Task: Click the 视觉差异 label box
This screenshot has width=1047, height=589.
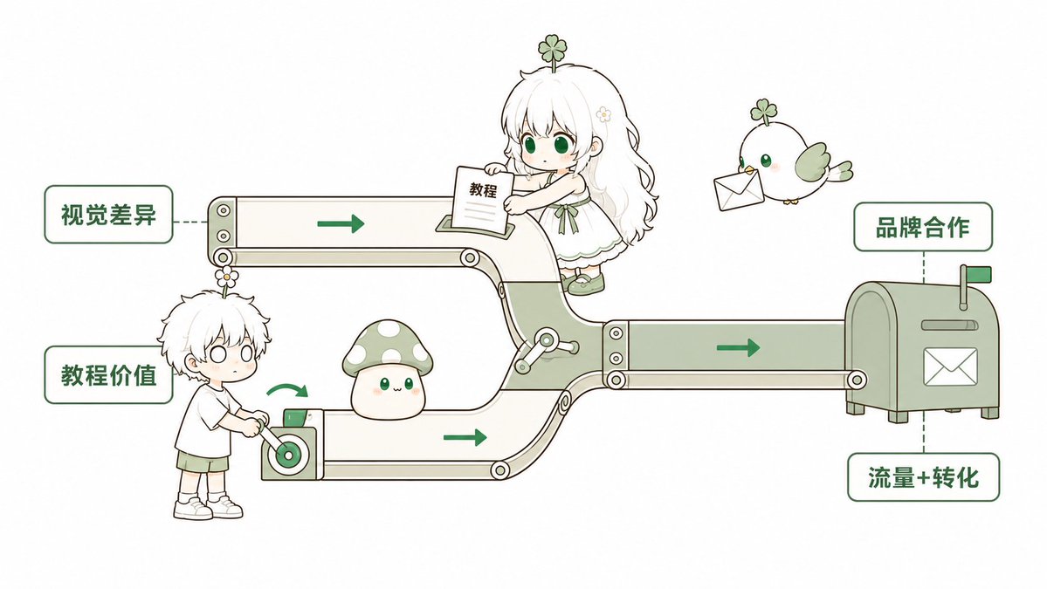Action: click(109, 214)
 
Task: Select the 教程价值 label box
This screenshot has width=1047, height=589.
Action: click(109, 374)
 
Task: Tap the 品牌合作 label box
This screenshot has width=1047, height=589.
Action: click(923, 227)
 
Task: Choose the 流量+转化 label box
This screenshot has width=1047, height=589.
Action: click(923, 477)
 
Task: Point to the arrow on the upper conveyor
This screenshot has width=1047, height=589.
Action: click(341, 223)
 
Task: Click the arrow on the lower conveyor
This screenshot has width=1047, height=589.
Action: click(465, 437)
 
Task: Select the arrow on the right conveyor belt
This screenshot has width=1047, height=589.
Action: click(738, 347)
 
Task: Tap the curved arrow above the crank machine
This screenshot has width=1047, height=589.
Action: click(288, 389)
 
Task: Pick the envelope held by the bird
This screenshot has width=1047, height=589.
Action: click(739, 188)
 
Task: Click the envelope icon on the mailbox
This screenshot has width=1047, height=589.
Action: click(950, 366)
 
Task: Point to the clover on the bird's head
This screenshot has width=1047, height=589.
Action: click(763, 112)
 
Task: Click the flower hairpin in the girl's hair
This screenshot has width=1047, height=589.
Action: click(603, 114)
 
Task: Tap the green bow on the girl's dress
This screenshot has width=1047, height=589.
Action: click(568, 214)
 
